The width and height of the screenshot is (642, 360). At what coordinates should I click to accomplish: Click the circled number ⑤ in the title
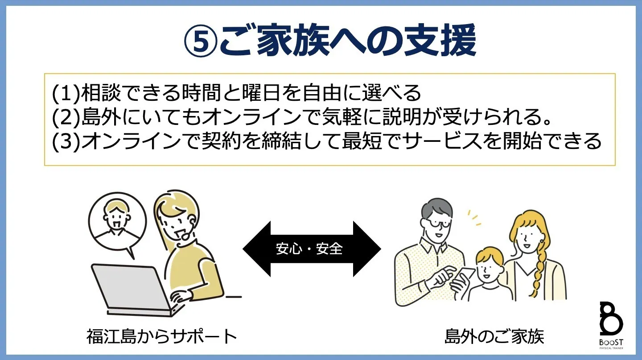pos(200,41)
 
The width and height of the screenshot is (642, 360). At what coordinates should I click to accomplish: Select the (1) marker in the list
pos(65,93)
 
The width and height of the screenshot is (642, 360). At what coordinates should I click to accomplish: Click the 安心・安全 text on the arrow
pos(309,249)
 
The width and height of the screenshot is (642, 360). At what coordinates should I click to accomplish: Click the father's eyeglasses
pos(435,222)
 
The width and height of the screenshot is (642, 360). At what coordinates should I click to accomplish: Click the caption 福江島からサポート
pos(161,336)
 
